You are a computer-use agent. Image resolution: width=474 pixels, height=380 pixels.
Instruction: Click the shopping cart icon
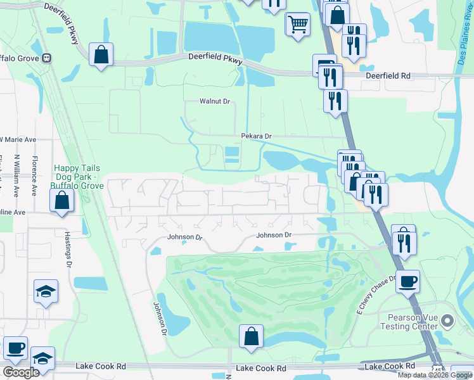[x=297, y=25]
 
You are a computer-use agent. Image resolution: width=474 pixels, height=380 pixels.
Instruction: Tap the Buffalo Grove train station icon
[x=46, y=58]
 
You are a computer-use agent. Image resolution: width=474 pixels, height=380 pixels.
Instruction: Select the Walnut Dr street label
[x=214, y=101]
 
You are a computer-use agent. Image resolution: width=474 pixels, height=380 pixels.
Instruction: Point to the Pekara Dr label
[x=256, y=136]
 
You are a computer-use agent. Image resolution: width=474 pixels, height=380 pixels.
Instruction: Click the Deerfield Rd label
[x=388, y=75]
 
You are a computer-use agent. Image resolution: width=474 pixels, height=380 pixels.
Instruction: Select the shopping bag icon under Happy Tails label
[x=62, y=201]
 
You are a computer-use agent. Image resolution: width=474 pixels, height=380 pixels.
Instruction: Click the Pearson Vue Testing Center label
[x=409, y=321]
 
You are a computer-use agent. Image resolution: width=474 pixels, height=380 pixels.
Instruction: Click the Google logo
[x=22, y=372]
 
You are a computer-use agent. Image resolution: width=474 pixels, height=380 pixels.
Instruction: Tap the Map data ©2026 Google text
[x=435, y=375]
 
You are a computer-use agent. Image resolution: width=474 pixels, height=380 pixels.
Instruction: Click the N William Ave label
[x=16, y=175]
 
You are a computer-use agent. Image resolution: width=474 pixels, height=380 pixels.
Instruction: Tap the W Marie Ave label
[x=18, y=139]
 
